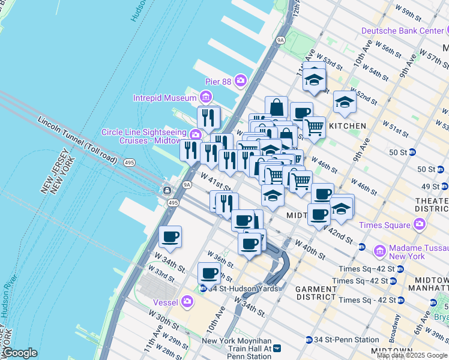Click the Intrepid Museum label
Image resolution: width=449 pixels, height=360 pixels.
[164, 97]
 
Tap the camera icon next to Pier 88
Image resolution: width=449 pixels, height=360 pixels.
[241, 80]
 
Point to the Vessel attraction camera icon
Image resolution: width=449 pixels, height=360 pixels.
[188, 301]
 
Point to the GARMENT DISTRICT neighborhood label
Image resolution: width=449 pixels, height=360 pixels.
[316, 293]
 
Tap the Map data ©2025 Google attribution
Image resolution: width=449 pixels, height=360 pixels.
[412, 355]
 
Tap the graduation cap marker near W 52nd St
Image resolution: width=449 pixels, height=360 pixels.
[345, 103]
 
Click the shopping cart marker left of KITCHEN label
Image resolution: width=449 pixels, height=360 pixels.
[314, 127]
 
